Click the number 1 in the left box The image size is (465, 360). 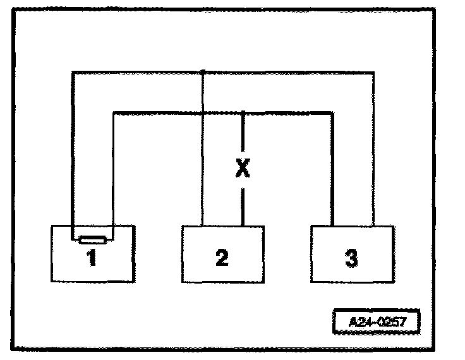pyautogui.click(x=92, y=258)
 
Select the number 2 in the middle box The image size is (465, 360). pyautogui.click(x=221, y=258)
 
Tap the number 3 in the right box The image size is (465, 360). pyautogui.click(x=352, y=258)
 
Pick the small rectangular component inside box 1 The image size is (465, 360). pyautogui.click(x=92, y=240)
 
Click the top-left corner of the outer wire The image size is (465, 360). pyautogui.click(x=73, y=73)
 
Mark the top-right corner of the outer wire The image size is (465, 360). pyautogui.click(x=372, y=73)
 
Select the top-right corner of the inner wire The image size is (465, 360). pyautogui.click(x=332, y=113)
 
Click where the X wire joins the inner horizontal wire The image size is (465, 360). pyautogui.click(x=243, y=113)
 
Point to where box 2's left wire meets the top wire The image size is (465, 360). pyautogui.click(x=202, y=73)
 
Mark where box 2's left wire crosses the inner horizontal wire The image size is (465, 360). pyautogui.click(x=202, y=113)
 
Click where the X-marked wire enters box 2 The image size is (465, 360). pyautogui.click(x=243, y=225)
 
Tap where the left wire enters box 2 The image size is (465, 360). pyautogui.click(x=202, y=225)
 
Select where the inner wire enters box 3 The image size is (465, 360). pyautogui.click(x=332, y=225)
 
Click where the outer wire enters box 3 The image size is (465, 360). pyautogui.click(x=372, y=225)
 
